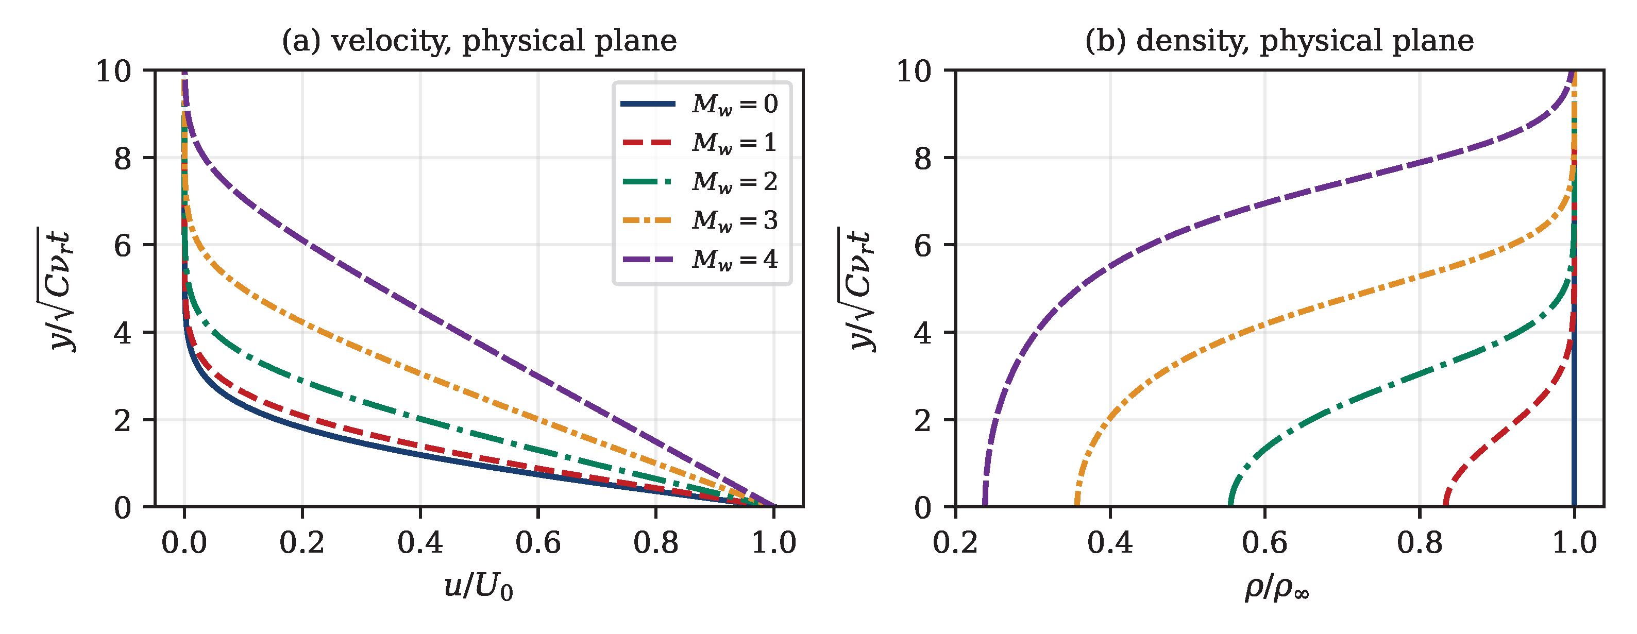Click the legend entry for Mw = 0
click(x=699, y=104)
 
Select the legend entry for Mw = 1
click(x=699, y=142)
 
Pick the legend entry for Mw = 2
click(x=699, y=182)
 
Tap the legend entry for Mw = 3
click(x=699, y=220)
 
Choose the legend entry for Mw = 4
click(x=699, y=259)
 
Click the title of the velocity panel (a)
click(x=479, y=41)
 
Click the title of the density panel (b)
click(x=1279, y=41)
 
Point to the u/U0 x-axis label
click(x=479, y=587)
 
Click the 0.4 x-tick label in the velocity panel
click(x=420, y=543)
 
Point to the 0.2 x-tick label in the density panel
click(x=955, y=543)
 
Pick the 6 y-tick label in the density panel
click(x=923, y=245)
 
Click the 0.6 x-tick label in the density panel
click(x=1264, y=543)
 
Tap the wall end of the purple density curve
click(x=984, y=505)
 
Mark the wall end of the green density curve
click(x=1231, y=505)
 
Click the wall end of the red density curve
click(x=1446, y=505)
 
